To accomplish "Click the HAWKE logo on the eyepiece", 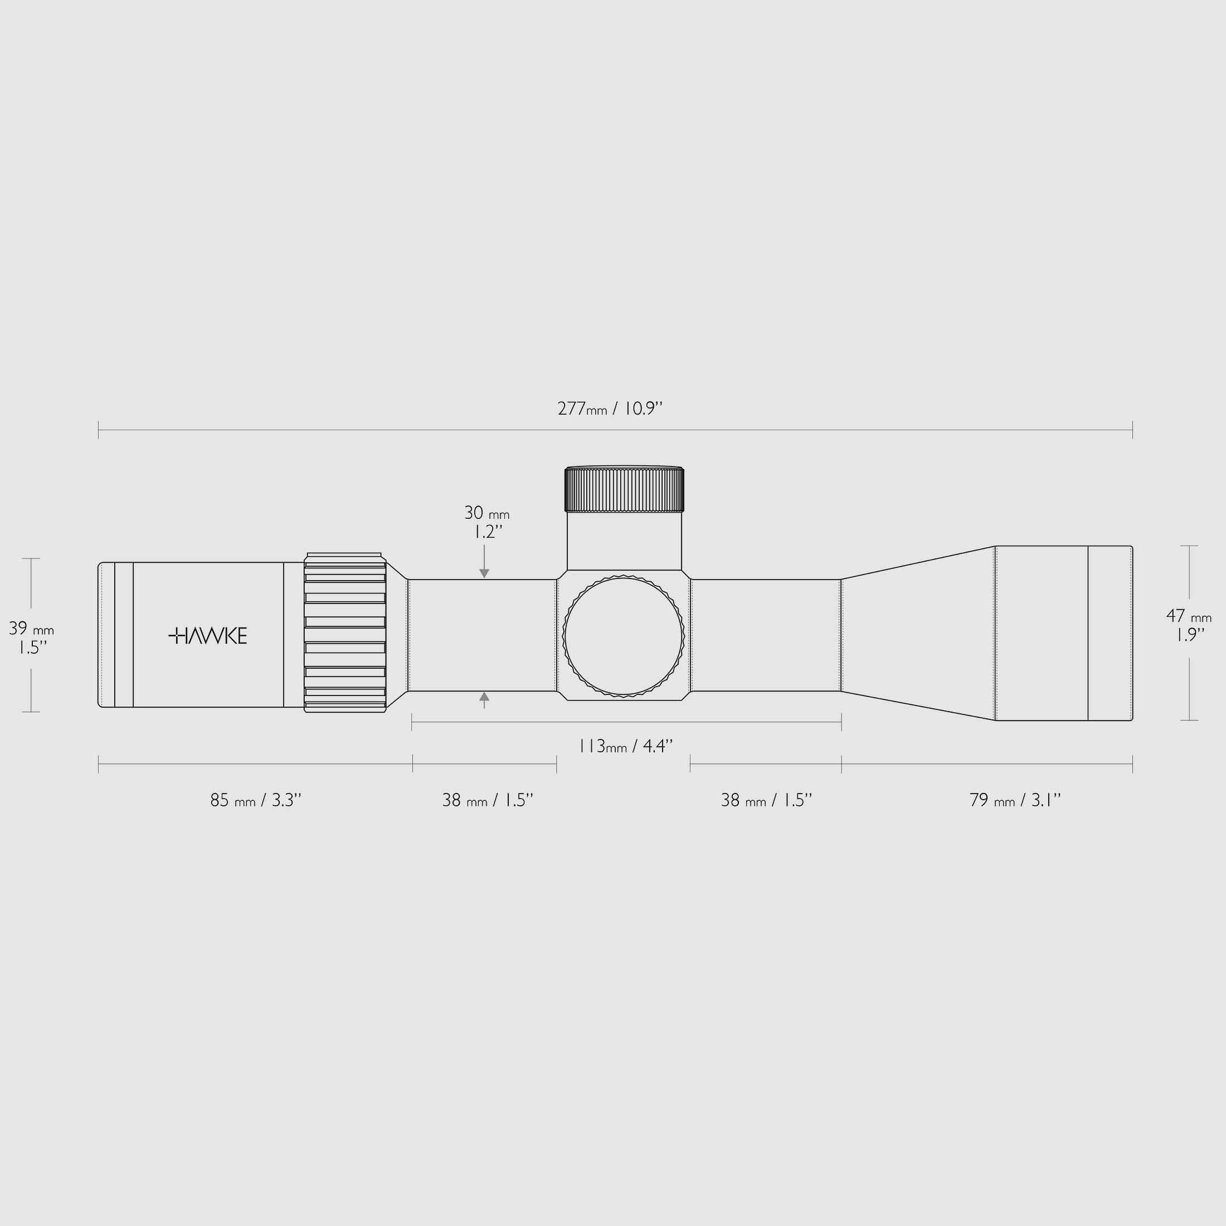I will [x=207, y=635].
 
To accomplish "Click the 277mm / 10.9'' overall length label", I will [x=610, y=408].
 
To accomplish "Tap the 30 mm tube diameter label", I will [x=486, y=512].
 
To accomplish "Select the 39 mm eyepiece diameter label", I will [x=31, y=629].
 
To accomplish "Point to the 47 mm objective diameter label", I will [x=1188, y=616].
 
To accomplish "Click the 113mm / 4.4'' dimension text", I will [x=625, y=746].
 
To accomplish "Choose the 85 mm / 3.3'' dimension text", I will [x=255, y=800].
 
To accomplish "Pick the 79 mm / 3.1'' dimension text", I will [x=1015, y=800].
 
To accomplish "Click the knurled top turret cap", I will [x=624, y=490].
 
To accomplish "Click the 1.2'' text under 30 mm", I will [x=488, y=532].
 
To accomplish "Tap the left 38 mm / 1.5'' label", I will [x=488, y=800].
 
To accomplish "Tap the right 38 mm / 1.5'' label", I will [x=766, y=800].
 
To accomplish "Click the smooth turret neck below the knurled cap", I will [x=624, y=541].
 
